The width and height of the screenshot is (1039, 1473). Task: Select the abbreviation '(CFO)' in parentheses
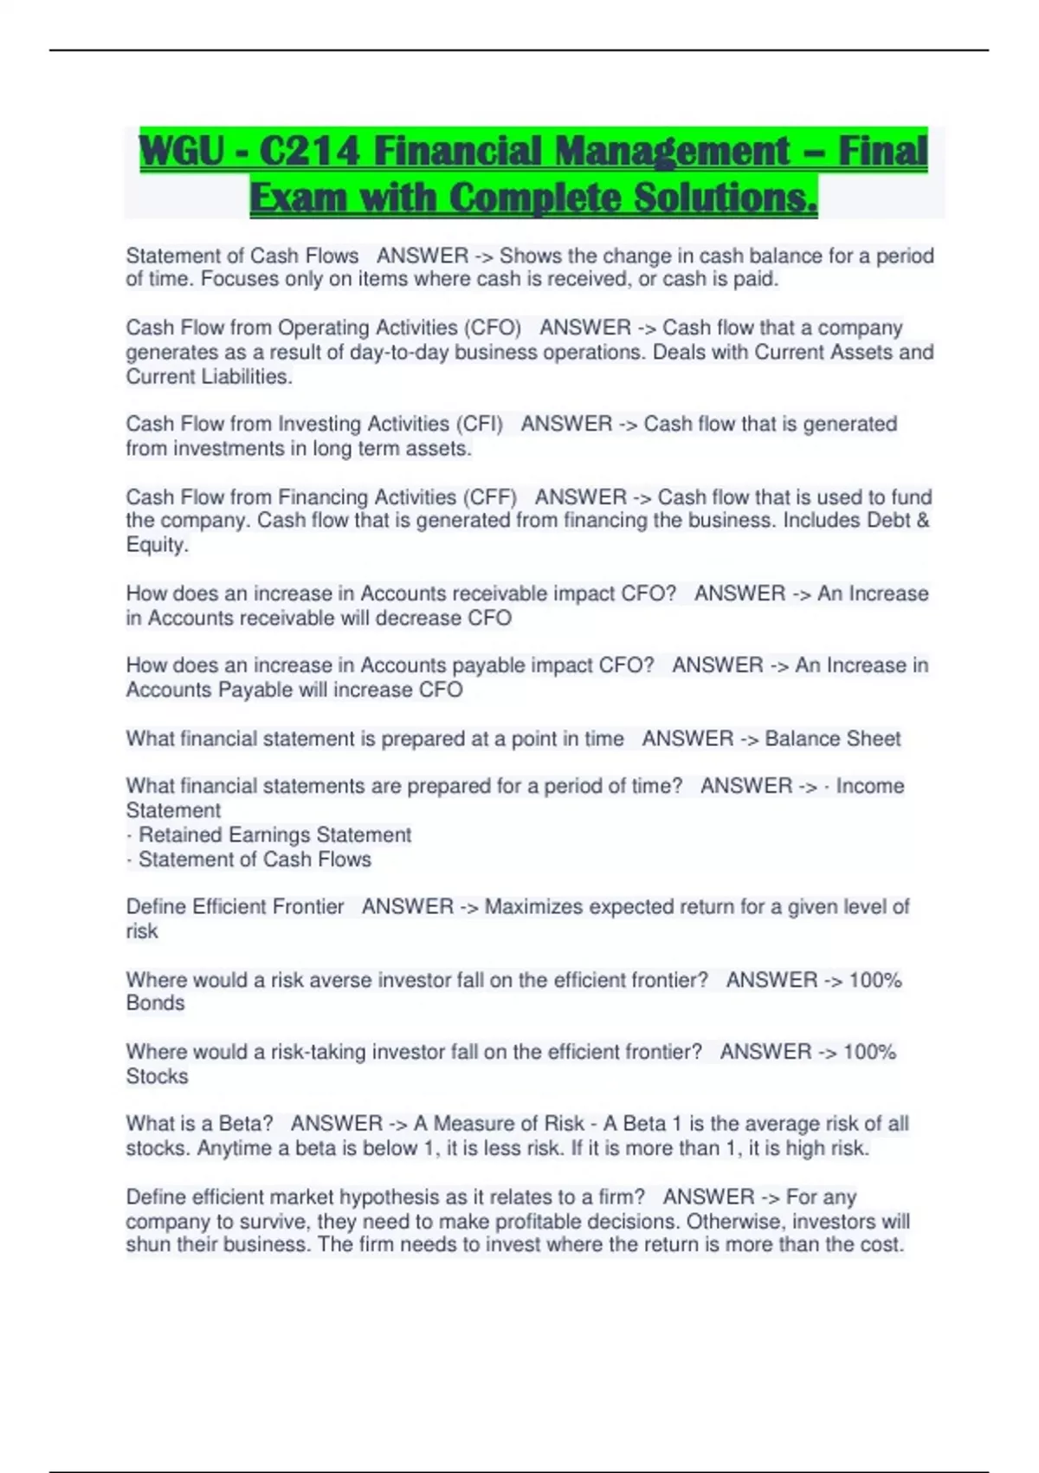(493, 328)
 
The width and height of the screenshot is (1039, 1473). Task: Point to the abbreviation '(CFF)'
(489, 497)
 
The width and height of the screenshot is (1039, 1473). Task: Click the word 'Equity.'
(157, 545)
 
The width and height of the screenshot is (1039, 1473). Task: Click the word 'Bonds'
(155, 1003)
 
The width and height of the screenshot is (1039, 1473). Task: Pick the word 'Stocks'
(157, 1076)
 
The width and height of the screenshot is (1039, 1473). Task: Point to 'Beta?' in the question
(246, 1124)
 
